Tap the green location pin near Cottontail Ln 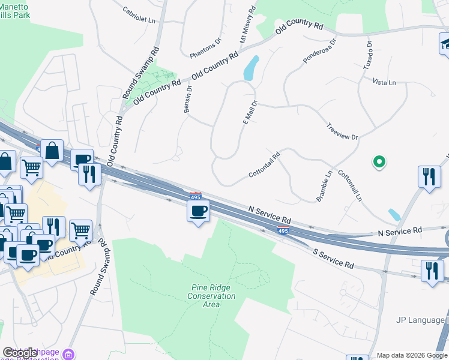pyautogui.click(x=379, y=161)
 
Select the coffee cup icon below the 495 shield pyautogui.click(x=198, y=211)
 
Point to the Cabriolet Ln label pyautogui.click(x=139, y=15)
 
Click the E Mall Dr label pyautogui.click(x=250, y=113)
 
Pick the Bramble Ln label pyautogui.click(x=324, y=186)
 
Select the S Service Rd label pyautogui.click(x=333, y=257)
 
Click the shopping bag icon pyautogui.click(x=53, y=151)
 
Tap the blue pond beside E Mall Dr pyautogui.click(x=251, y=68)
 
